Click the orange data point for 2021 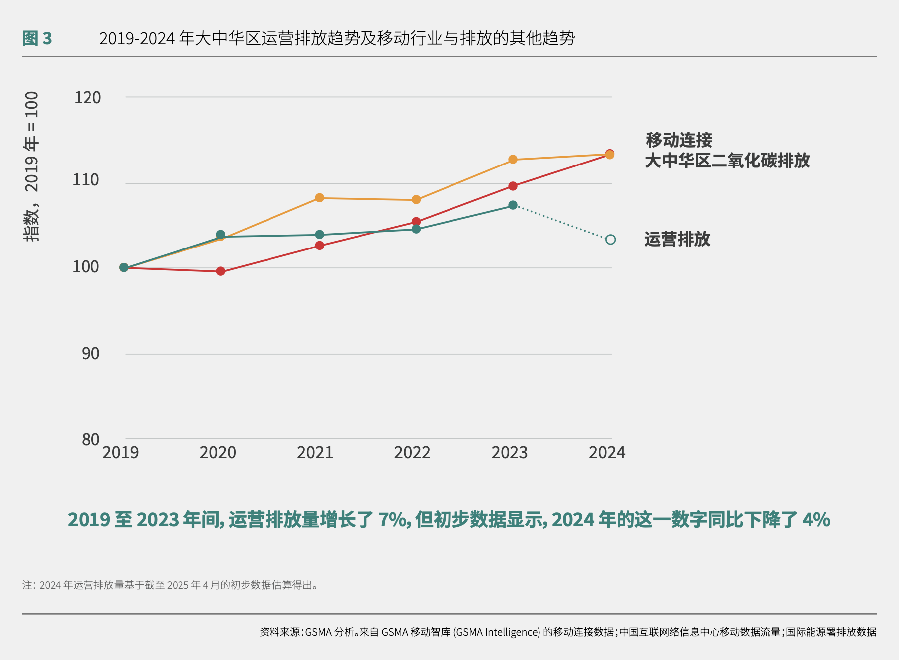point(319,198)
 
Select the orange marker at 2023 point(513,160)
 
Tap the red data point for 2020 point(221,271)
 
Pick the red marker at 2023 point(513,186)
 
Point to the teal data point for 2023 point(513,205)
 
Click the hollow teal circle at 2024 point(610,240)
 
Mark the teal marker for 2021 point(319,235)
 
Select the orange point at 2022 point(416,200)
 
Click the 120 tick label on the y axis point(88,98)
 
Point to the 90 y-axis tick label point(90,354)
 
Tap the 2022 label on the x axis point(412,453)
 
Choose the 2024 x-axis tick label point(607,453)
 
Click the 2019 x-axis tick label point(121,453)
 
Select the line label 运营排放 point(677,240)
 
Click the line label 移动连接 point(679,140)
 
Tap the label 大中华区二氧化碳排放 point(727,161)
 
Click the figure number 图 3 point(37,38)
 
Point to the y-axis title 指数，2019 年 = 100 point(31,166)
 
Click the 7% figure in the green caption point(393,520)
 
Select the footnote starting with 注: point(170,585)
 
